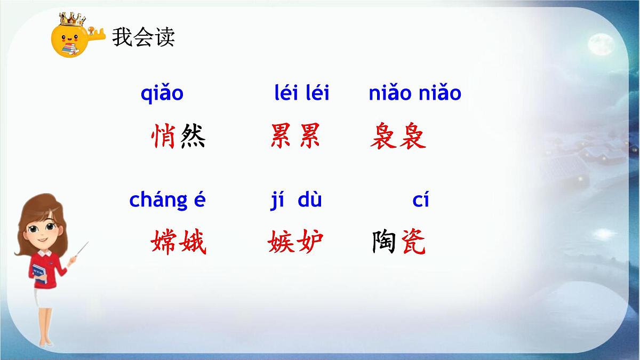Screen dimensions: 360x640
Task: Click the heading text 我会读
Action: [x=143, y=38]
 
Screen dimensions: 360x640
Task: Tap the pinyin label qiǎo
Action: [x=162, y=93]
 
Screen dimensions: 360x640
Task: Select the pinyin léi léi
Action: [x=302, y=93]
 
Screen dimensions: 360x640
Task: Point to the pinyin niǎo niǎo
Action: [x=415, y=93]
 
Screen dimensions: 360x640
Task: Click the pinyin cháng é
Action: [x=167, y=201]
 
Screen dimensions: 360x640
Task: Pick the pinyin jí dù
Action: [x=296, y=201]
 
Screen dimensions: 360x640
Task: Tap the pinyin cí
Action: [x=421, y=201]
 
